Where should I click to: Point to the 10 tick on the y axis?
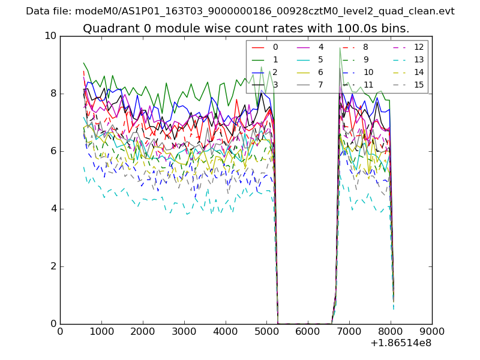tap(50, 36)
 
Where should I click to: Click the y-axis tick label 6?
tap(53, 151)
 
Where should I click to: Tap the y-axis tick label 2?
tap(53, 266)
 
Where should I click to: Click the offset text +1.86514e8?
tap(401, 343)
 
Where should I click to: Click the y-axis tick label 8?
tap(53, 94)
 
